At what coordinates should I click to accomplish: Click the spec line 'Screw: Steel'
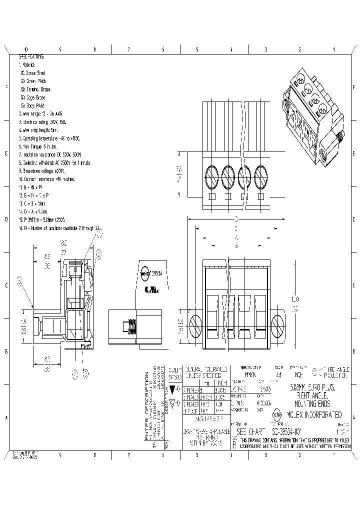point(35,72)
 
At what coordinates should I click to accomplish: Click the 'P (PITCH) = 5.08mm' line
point(42,219)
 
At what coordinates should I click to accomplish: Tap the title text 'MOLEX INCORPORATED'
point(313,415)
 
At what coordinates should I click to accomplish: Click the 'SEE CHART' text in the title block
point(248,431)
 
